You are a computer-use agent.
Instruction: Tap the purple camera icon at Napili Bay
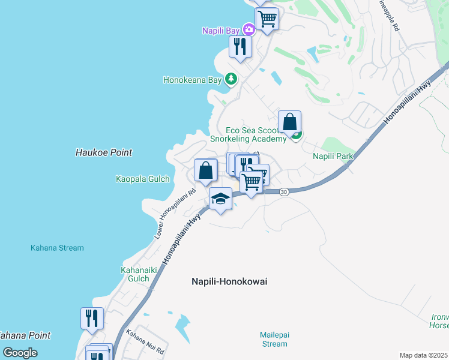pyautogui.click(x=249, y=29)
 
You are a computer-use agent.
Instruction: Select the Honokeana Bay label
pyautogui.click(x=193, y=79)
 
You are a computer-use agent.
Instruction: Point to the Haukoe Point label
pyautogui.click(x=104, y=152)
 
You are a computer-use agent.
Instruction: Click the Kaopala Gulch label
pyautogui.click(x=143, y=179)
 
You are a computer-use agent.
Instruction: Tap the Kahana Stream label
pyautogui.click(x=58, y=248)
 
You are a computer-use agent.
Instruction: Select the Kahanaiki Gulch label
pyautogui.click(x=134, y=274)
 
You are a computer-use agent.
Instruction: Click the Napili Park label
pyautogui.click(x=333, y=155)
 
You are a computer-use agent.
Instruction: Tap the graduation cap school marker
pyautogui.click(x=220, y=199)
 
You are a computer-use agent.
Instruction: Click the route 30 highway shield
pyautogui.click(x=285, y=191)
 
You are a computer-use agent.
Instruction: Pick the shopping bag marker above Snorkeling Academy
pyautogui.click(x=289, y=122)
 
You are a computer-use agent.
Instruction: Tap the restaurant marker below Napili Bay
pyautogui.click(x=240, y=47)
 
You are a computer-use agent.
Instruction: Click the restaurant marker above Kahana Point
pyautogui.click(x=92, y=318)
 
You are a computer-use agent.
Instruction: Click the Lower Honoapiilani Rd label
pyautogui.click(x=175, y=214)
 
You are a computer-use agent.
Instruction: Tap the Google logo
pyautogui.click(x=20, y=352)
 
